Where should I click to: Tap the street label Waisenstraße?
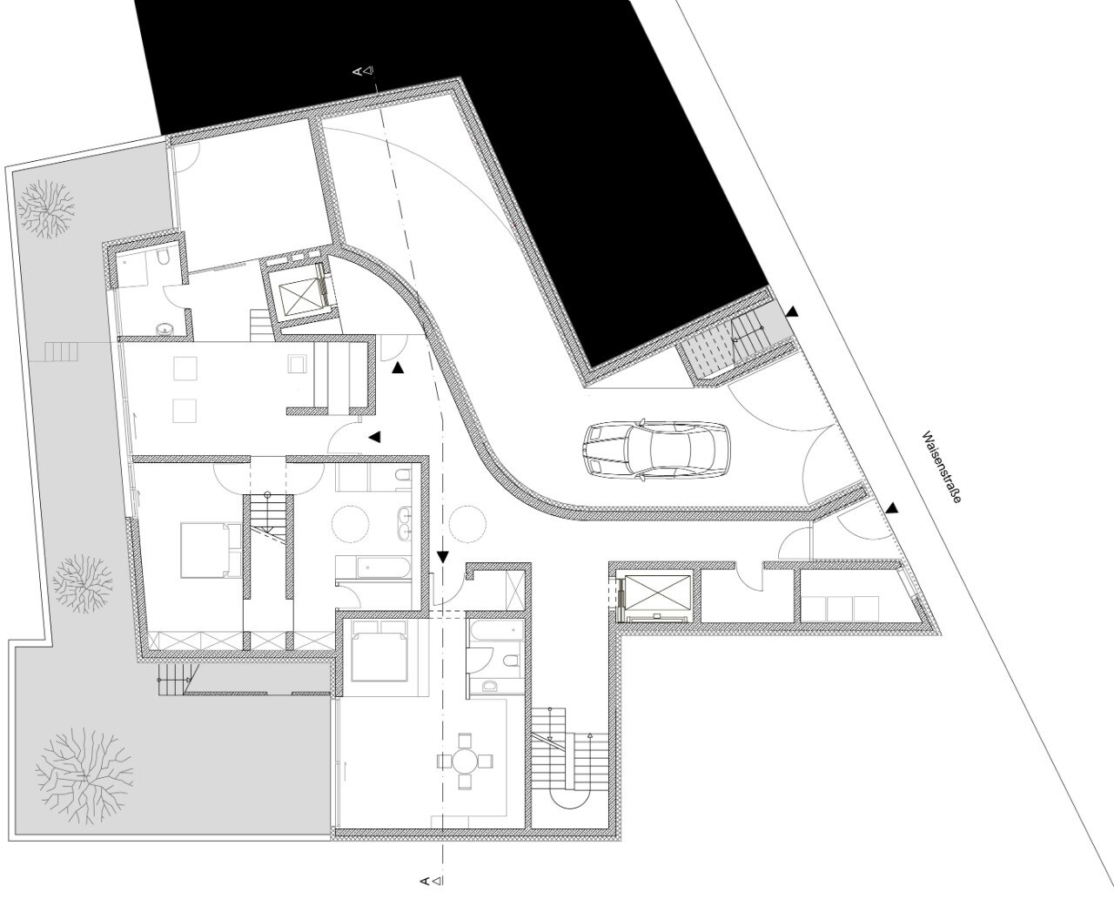[x=942, y=467]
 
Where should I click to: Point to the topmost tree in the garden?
[x=45, y=209]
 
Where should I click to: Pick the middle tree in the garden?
[x=83, y=584]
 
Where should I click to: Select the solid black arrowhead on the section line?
[x=443, y=557]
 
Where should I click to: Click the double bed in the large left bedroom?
[x=211, y=550]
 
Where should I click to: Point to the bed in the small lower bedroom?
[x=379, y=650]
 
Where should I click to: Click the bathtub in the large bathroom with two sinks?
[x=372, y=567]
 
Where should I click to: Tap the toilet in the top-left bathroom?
[x=163, y=258]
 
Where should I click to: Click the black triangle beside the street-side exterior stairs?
[x=793, y=312]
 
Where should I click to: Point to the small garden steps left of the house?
[x=62, y=352]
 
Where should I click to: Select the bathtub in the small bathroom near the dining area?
[x=495, y=633]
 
